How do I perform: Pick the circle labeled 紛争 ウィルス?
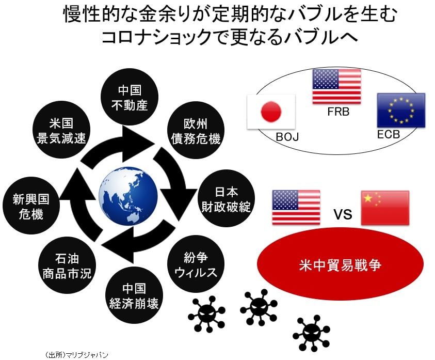coord(196,264)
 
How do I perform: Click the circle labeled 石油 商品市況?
coord(67,265)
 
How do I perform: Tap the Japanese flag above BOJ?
coord(271,112)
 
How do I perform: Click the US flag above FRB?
coord(336,86)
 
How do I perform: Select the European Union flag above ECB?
coord(400,111)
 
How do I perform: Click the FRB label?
coord(339,112)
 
